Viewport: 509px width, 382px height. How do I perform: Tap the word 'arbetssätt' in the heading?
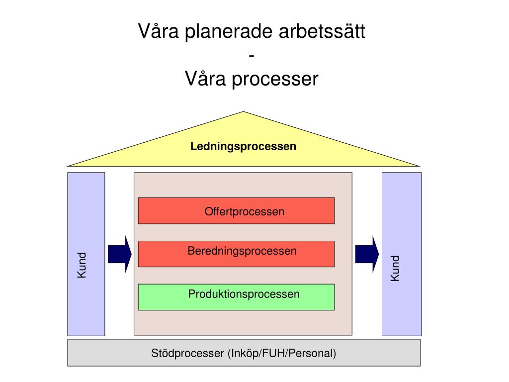click(322, 31)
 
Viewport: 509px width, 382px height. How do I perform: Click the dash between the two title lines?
click(252, 56)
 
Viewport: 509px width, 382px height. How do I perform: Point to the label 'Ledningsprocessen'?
click(243, 146)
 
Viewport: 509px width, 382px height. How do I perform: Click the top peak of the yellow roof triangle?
click(243, 112)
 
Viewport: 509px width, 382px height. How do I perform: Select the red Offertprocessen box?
click(236, 211)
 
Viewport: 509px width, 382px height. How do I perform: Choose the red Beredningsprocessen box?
click(236, 254)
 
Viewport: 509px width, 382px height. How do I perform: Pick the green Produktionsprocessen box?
click(236, 297)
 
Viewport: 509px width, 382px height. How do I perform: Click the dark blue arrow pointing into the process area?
click(120, 254)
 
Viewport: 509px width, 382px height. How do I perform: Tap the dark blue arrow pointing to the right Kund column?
click(367, 254)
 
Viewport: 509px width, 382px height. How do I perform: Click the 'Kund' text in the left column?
click(82, 265)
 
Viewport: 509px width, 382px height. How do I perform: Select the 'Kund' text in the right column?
click(395, 268)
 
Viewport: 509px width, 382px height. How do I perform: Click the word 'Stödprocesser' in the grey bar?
click(187, 353)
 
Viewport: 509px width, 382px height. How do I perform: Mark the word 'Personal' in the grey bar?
click(310, 353)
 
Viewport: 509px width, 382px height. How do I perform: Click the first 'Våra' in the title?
click(159, 31)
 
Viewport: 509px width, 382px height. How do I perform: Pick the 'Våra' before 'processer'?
click(205, 79)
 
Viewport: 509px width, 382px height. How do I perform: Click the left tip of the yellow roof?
click(67, 166)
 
